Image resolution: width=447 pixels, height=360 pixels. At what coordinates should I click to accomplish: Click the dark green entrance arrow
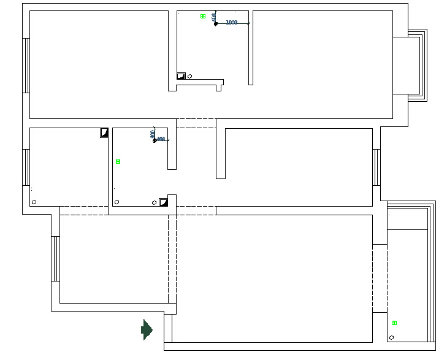tap(147, 329)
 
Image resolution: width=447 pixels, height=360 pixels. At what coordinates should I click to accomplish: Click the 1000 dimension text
tap(232, 22)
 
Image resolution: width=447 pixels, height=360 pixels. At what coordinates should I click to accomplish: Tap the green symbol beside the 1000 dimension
tap(203, 16)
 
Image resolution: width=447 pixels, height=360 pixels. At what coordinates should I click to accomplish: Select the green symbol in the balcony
tap(394, 323)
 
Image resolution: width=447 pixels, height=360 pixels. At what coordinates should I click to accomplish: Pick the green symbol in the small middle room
tap(118, 161)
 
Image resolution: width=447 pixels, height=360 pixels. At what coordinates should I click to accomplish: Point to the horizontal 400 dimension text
tap(161, 139)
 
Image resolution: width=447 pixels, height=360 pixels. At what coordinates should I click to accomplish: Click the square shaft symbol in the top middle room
tap(181, 76)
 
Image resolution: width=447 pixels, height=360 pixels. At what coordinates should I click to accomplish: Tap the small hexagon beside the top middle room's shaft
tap(190, 76)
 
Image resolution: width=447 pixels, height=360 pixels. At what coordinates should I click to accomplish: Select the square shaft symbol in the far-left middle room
tap(104, 132)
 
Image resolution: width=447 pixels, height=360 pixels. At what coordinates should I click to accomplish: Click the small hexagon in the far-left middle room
tap(34, 202)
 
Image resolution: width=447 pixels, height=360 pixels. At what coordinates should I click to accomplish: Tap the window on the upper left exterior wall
tap(26, 65)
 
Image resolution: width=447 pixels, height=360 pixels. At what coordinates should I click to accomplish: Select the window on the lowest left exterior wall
tap(56, 258)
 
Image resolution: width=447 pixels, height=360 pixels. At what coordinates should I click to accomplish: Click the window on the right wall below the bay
tap(376, 167)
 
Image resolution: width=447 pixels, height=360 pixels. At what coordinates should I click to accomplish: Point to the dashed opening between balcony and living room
tap(380, 278)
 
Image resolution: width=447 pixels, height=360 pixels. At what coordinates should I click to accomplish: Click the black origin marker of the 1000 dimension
tap(216, 24)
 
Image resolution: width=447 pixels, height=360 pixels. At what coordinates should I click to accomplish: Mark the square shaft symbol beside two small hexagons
tap(163, 202)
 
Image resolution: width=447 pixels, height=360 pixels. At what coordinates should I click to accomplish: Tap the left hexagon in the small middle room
tap(117, 202)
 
